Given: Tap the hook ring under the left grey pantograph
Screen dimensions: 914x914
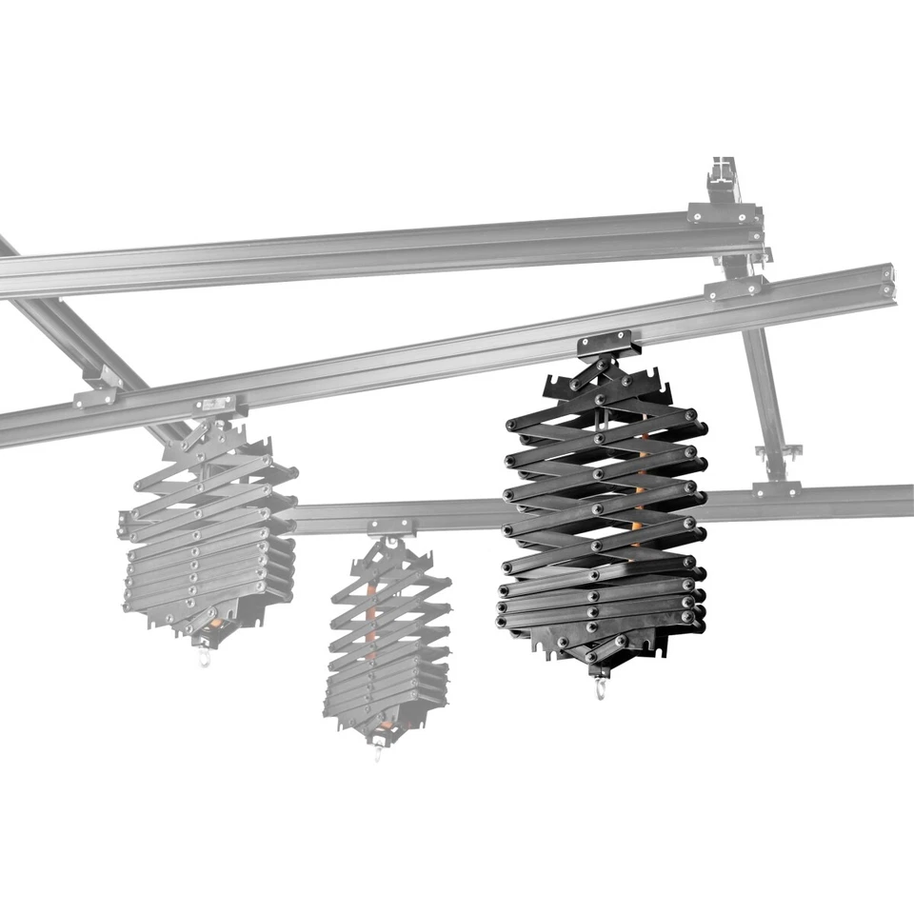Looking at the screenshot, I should [x=203, y=658].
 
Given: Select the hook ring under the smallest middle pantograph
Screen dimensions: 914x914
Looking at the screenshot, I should [x=378, y=753].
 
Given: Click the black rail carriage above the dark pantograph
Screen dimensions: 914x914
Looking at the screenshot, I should [x=604, y=341].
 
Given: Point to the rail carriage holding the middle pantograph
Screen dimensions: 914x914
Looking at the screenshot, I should [x=390, y=527].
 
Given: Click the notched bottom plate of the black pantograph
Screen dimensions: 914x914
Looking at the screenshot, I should [x=600, y=647].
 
